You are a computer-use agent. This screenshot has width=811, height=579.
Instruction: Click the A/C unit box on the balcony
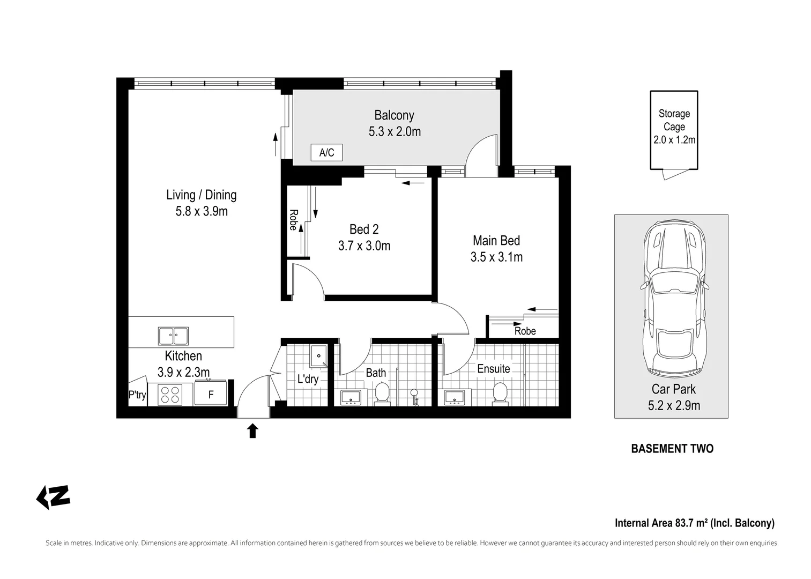point(326,152)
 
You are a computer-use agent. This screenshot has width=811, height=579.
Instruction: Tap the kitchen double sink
point(174,336)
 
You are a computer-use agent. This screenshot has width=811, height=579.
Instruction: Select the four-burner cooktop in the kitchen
point(170,395)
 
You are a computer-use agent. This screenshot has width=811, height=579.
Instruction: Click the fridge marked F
point(211,393)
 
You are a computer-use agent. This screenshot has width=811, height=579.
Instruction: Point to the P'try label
point(137,395)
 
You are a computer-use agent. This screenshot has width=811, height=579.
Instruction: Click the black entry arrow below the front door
point(252,431)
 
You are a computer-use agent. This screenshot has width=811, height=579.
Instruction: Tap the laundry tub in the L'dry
point(318,355)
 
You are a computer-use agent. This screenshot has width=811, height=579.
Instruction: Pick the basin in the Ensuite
point(455,398)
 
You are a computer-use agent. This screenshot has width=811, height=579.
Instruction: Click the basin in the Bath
point(350,398)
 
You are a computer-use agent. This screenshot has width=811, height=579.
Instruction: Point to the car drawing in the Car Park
point(674,299)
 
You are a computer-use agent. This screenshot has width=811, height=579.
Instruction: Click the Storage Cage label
point(674,120)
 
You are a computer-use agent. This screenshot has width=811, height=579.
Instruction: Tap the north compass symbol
point(53,497)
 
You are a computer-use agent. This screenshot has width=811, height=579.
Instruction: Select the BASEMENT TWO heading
point(672,449)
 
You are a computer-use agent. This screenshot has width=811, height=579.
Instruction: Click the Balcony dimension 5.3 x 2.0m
point(395,131)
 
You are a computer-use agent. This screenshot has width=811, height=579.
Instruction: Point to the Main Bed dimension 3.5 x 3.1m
point(496,257)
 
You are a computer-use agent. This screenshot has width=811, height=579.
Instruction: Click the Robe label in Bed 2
point(293,220)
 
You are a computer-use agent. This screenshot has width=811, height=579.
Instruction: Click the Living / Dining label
point(202,195)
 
